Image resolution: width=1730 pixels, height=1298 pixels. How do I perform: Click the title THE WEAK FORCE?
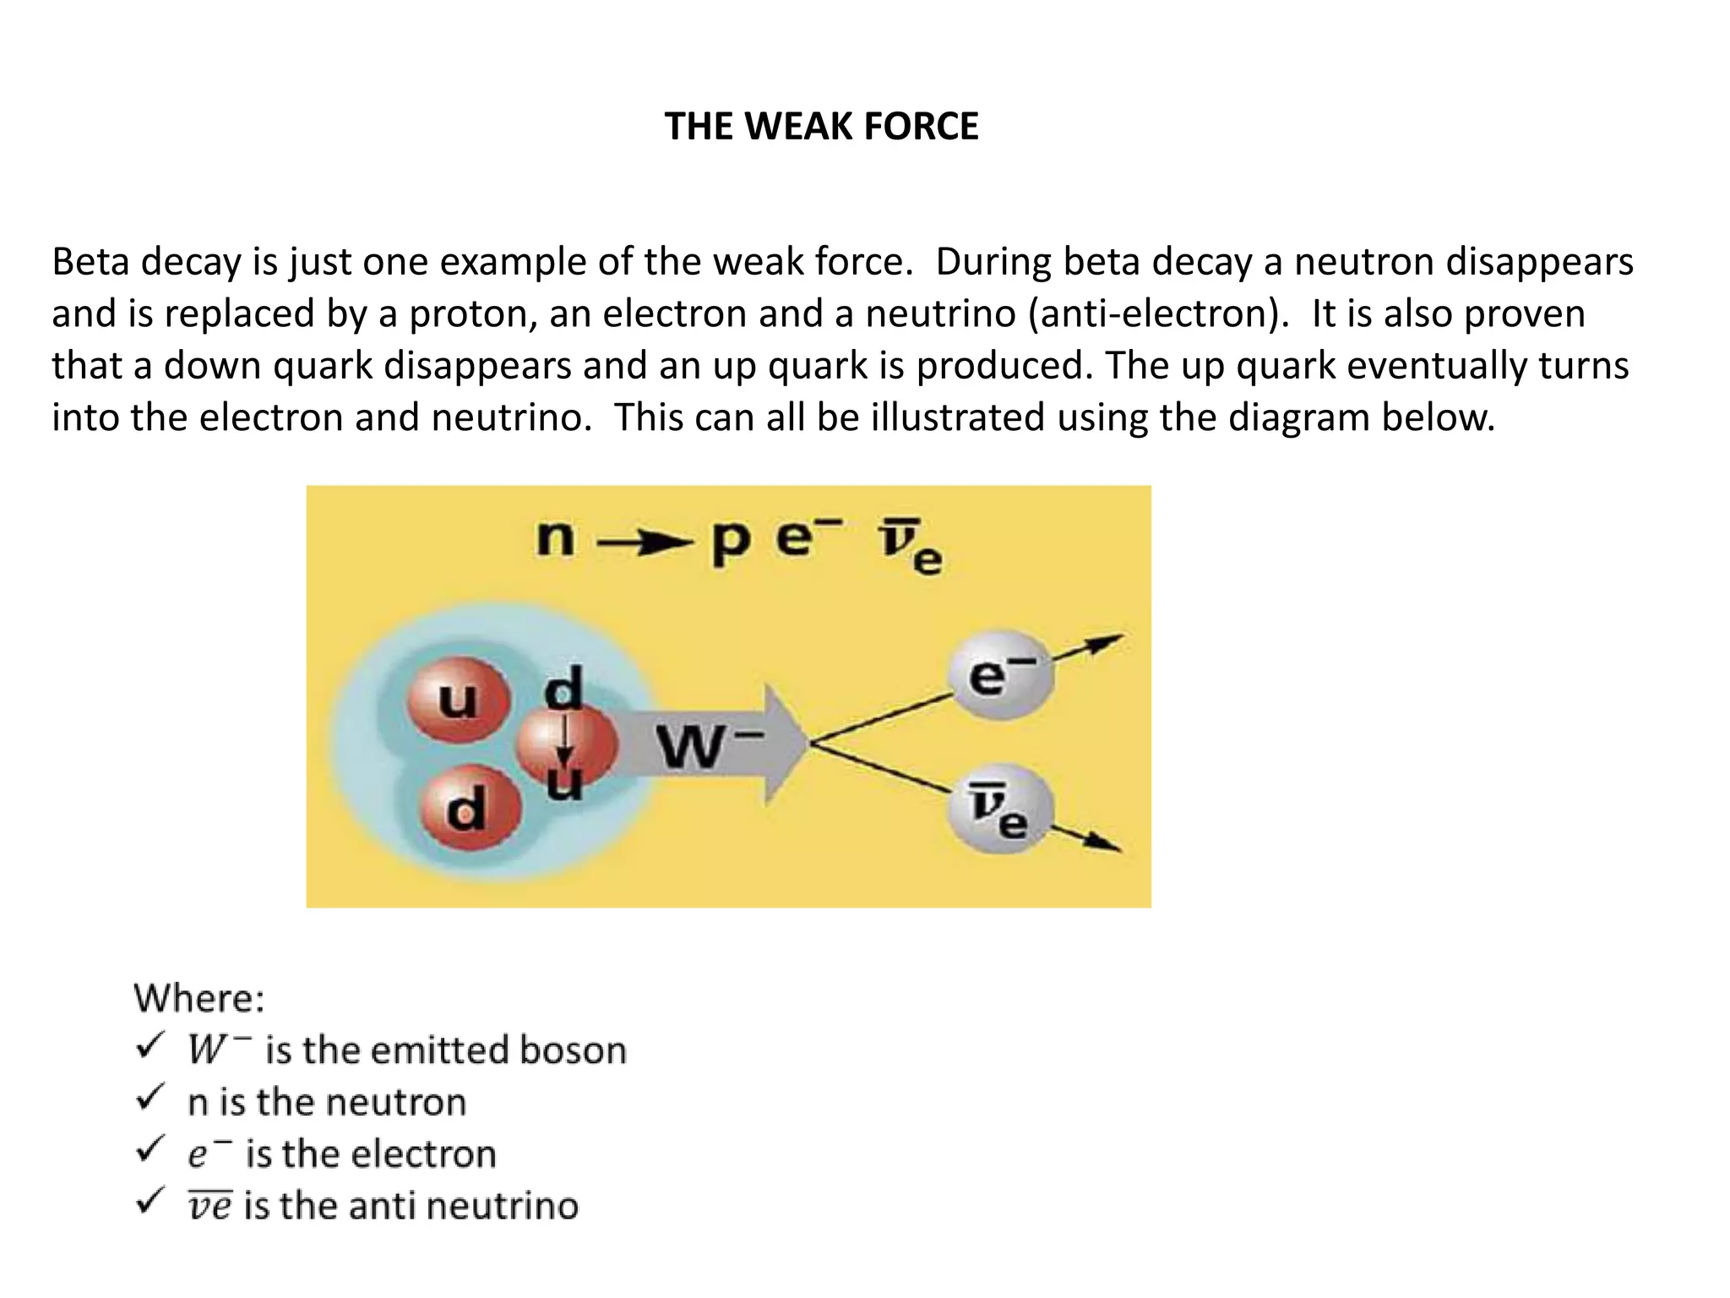point(821,127)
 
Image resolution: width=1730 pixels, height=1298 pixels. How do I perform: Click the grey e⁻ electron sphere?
point(1000,676)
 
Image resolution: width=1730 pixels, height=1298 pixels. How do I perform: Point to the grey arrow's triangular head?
point(786,744)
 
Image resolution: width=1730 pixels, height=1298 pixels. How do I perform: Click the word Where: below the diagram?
point(199,998)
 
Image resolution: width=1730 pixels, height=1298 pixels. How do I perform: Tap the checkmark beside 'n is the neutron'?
point(150,1099)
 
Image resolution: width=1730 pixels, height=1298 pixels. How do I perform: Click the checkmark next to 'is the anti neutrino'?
point(150,1202)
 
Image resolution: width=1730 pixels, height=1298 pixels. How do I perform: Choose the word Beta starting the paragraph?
point(90,262)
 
